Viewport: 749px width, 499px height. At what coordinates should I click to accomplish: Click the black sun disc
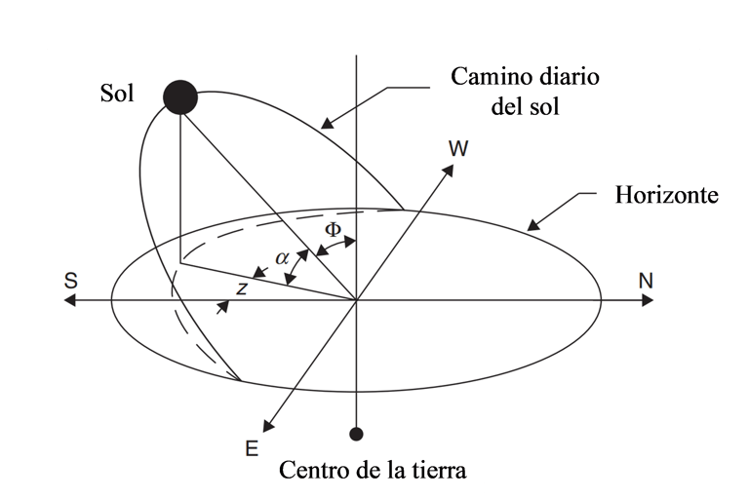tap(180, 97)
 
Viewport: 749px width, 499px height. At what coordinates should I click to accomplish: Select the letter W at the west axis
tap(457, 148)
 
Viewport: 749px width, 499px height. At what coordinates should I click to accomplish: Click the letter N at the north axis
tap(645, 281)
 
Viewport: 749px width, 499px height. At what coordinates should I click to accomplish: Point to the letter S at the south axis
tap(70, 281)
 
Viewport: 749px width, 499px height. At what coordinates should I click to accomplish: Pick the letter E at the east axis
tap(252, 448)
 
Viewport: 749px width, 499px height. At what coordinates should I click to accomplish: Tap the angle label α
tap(282, 258)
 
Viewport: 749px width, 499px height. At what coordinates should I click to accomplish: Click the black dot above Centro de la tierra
tap(357, 432)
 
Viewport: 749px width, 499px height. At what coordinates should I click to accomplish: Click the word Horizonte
tap(666, 195)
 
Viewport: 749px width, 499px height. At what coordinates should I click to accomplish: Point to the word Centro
tap(312, 470)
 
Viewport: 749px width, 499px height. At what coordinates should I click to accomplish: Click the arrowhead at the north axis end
tap(648, 301)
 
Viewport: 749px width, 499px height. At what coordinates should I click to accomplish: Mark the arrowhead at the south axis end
tap(68, 301)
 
